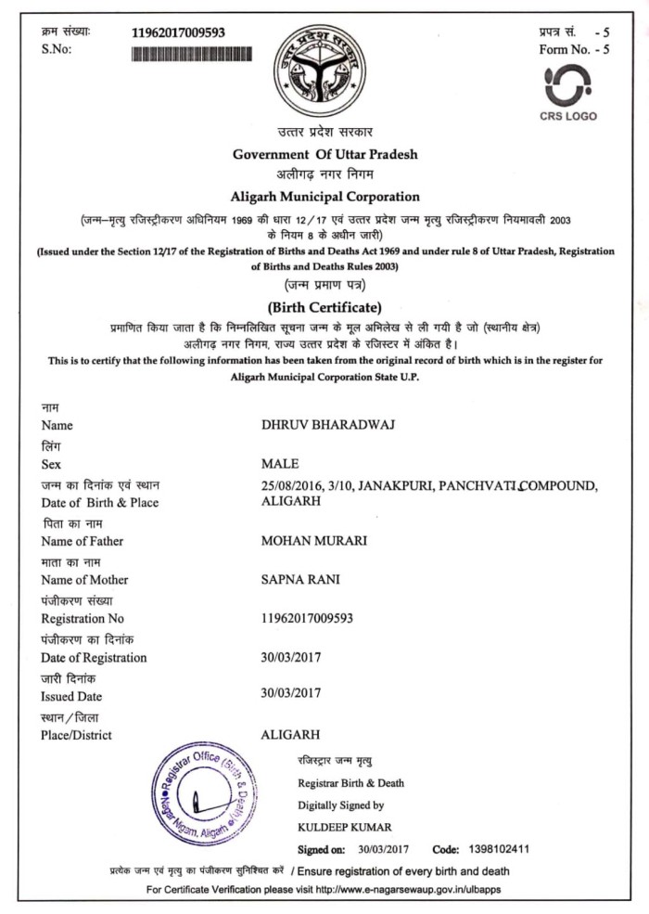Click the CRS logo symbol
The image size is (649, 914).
[567, 87]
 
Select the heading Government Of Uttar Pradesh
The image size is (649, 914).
[324, 154]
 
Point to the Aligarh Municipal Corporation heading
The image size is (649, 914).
[324, 197]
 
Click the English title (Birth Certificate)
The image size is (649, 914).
[324, 307]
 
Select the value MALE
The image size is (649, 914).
[281, 464]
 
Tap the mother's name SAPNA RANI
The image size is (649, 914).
[301, 580]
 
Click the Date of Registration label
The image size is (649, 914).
[94, 658]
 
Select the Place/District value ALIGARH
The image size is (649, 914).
[291, 734]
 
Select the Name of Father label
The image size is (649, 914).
[82, 541]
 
